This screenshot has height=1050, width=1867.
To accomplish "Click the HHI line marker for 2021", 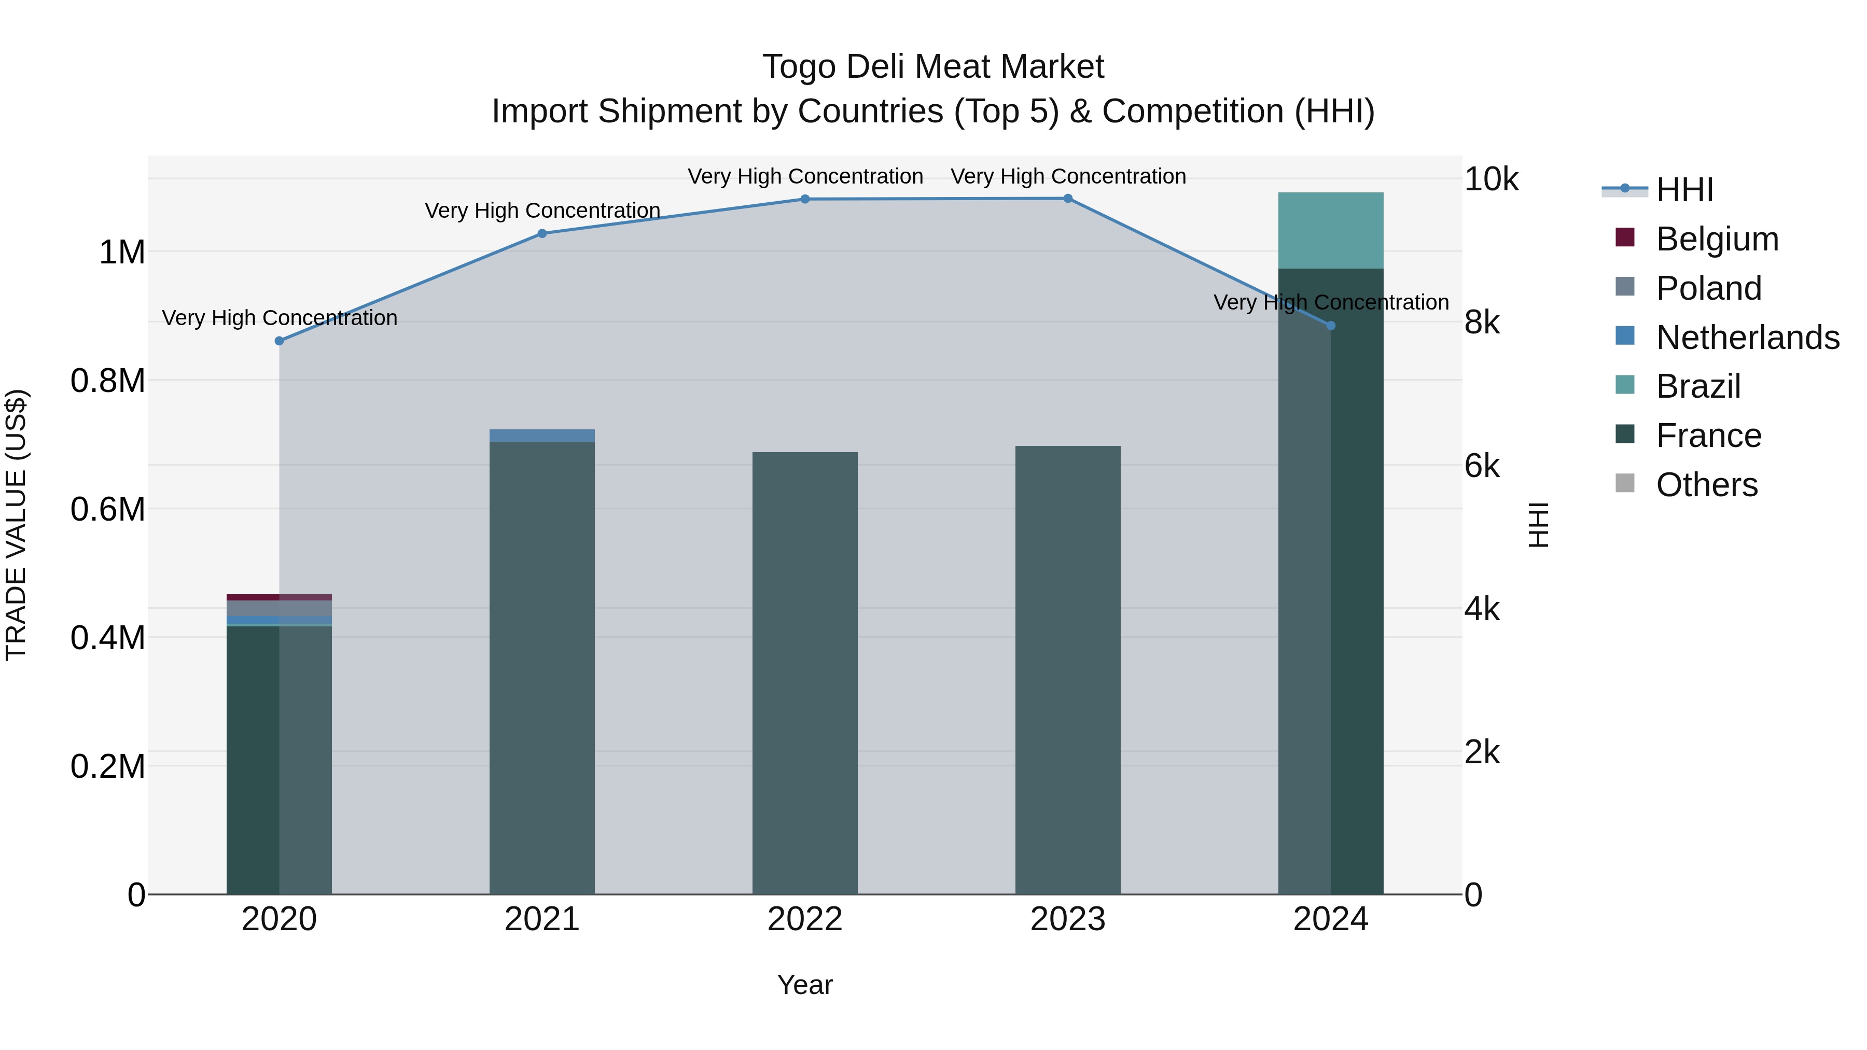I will tap(542, 233).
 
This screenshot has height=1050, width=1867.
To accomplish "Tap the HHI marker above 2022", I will tap(805, 199).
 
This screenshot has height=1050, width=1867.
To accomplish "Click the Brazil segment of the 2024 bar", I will tap(1331, 230).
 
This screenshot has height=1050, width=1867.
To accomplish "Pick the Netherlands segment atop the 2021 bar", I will tap(542, 436).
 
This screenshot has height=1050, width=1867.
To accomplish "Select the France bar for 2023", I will tap(1068, 670).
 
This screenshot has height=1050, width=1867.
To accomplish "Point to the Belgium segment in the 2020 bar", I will tap(279, 597).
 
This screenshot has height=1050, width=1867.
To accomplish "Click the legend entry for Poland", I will tap(1708, 288).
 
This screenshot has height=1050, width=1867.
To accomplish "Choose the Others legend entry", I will tap(1707, 485).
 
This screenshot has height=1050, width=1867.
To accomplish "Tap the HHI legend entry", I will tap(1684, 190).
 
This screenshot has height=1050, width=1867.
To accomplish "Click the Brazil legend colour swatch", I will tap(1626, 385).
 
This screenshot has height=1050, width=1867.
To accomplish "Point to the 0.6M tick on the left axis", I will tap(108, 509).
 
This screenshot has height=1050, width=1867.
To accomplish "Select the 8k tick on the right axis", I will tap(1482, 323).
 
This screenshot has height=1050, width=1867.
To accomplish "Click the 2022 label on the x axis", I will tap(805, 919).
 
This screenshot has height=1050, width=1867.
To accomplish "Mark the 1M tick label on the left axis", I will tap(122, 252).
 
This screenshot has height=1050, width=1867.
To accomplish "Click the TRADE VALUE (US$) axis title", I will tap(17, 525).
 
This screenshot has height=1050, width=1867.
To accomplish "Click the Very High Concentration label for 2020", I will tap(280, 318).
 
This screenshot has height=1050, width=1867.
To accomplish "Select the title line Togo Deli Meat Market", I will tap(933, 67).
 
